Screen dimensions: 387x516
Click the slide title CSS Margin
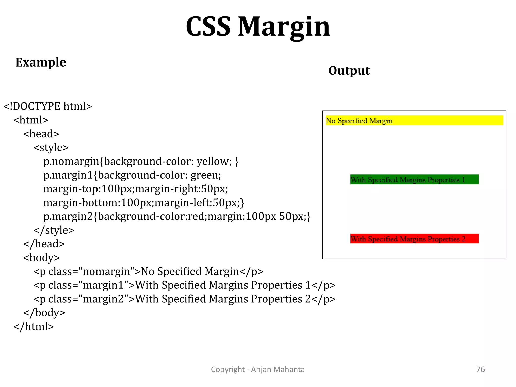point(258,27)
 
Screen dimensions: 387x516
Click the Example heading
point(41,62)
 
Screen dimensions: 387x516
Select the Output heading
point(349,70)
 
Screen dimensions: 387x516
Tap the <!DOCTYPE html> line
point(48,106)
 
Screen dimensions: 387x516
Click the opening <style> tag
point(51,148)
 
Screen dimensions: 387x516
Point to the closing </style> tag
point(54,230)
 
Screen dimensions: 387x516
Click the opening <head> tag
point(41,134)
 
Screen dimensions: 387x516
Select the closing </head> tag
point(44,244)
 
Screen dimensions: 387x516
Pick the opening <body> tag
point(42,258)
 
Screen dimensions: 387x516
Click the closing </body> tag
point(44,313)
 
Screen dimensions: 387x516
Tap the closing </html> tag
point(34,327)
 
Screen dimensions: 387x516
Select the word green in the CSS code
point(206,175)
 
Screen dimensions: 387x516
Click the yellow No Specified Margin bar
point(414,120)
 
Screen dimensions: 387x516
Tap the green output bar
point(414,179)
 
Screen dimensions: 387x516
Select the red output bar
point(414,238)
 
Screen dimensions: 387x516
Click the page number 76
point(480,369)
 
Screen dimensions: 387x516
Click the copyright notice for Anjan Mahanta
point(258,369)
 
